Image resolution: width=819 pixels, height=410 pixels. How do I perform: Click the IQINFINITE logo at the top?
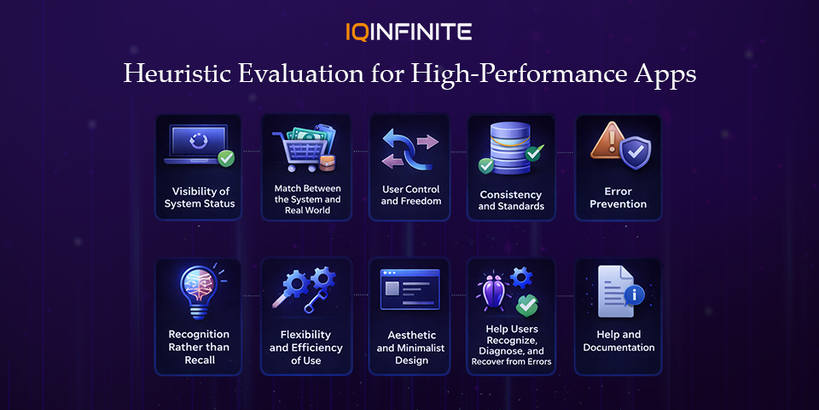(x=409, y=32)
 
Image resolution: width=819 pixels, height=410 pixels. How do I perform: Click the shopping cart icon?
(x=299, y=150)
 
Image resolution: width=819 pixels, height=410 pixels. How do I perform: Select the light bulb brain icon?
(x=195, y=290)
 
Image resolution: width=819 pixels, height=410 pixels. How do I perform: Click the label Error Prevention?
(x=619, y=197)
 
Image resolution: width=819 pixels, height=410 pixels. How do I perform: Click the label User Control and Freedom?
(x=410, y=195)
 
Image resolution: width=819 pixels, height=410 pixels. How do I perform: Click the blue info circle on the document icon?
(x=636, y=295)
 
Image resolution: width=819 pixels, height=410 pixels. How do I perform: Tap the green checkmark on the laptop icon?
(x=225, y=158)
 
